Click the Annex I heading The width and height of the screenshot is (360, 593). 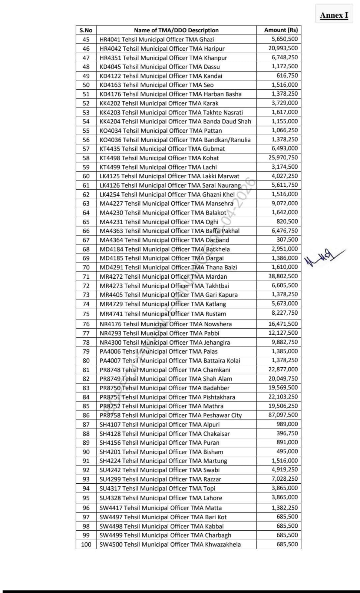334,15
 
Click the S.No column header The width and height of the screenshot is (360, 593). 86,30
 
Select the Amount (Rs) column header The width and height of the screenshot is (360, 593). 281,30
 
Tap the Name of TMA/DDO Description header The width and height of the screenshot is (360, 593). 176,30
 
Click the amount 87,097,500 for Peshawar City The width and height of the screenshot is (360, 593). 283,415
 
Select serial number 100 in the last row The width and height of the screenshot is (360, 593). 86,544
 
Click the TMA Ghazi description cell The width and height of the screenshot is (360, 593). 157,39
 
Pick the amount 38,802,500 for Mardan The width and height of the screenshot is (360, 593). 283,276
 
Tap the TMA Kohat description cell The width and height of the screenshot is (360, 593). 159,158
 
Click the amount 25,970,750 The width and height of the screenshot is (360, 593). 283,158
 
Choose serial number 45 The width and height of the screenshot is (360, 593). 86,39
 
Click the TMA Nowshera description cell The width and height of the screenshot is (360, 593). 166,324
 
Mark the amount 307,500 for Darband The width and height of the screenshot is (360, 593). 287,240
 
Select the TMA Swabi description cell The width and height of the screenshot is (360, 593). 159,470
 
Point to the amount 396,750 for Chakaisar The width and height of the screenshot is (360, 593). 287,433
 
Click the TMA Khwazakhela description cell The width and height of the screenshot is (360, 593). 170,544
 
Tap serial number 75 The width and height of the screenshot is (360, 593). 86,314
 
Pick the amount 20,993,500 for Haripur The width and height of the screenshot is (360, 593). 283,48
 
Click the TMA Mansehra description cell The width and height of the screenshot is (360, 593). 166,203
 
